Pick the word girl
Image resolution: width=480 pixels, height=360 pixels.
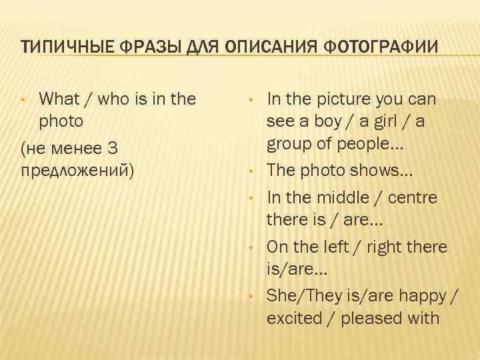tap(395, 123)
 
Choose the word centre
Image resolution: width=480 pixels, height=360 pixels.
tap(415, 198)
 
